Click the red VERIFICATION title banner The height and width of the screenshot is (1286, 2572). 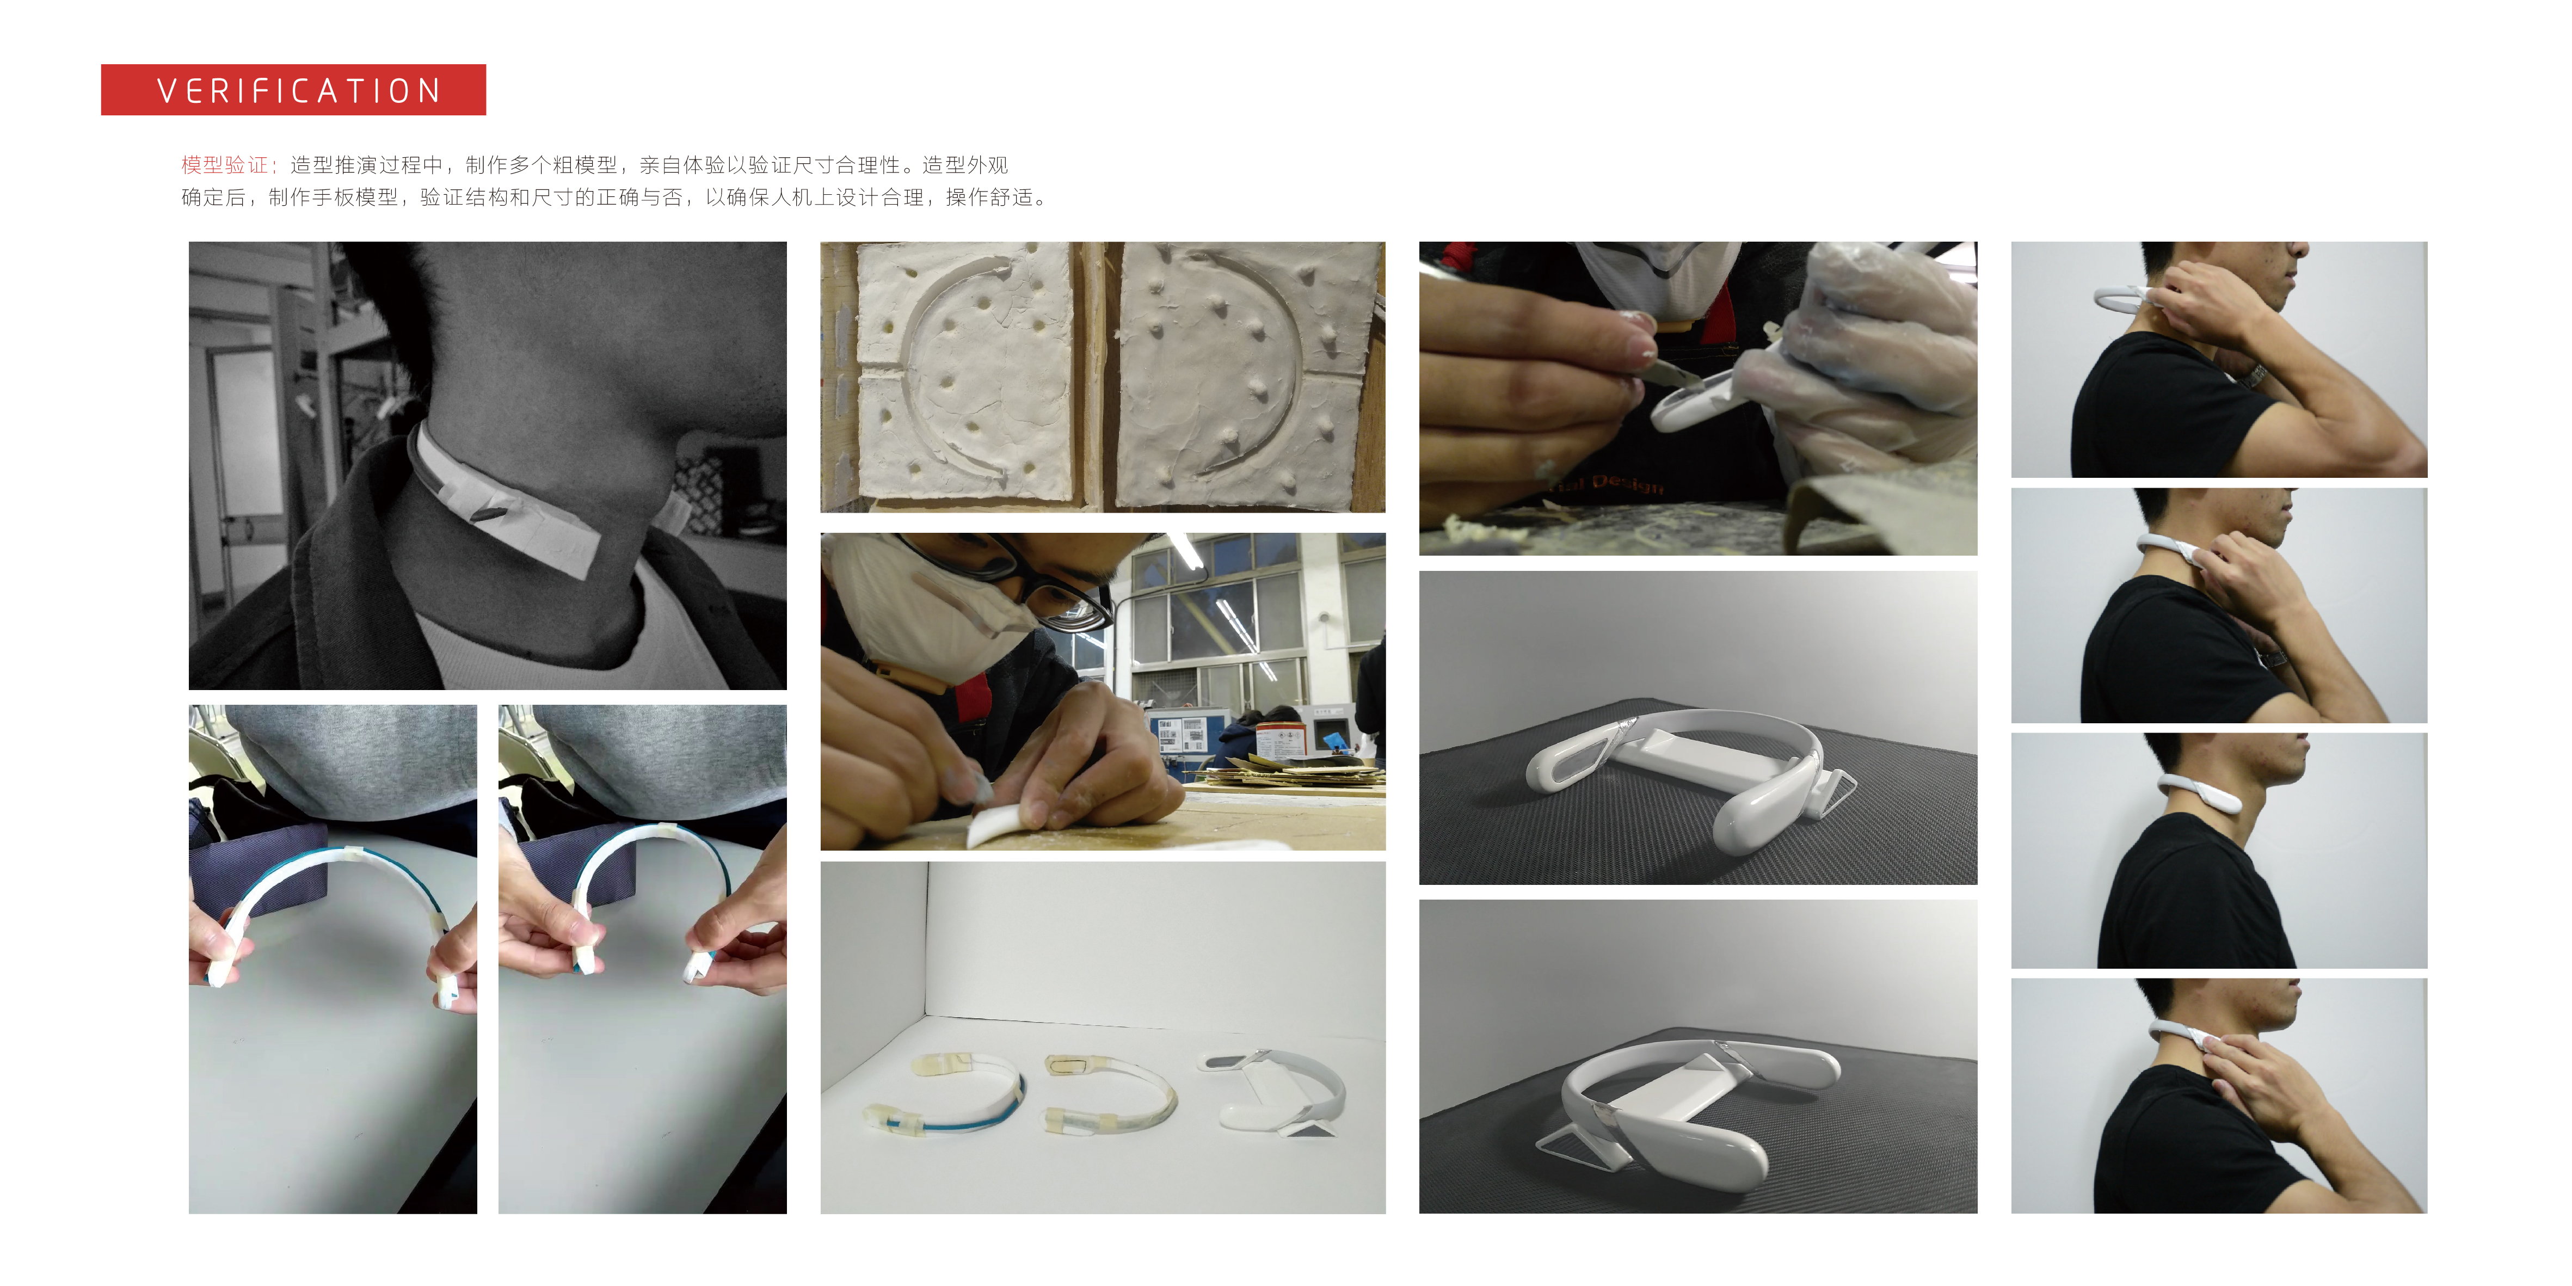(x=293, y=90)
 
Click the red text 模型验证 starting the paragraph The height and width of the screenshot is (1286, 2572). (x=225, y=165)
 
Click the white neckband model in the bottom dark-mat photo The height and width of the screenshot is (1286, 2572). (x=1688, y=1108)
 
